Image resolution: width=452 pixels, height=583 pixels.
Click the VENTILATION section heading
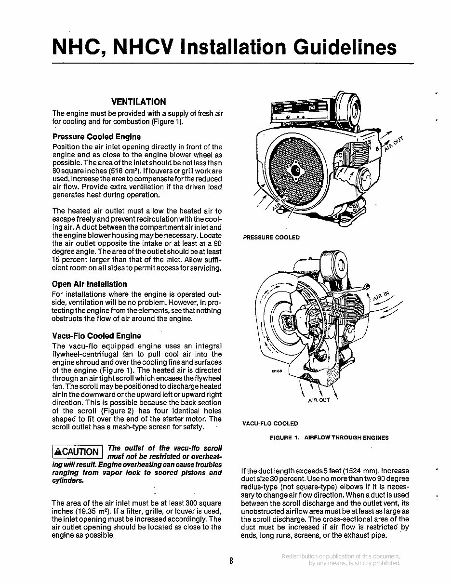point(138,102)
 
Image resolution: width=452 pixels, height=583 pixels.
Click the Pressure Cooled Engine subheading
point(96,136)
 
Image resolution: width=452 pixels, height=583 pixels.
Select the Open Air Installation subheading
point(90,284)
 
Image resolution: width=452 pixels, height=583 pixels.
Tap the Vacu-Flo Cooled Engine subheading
point(96,335)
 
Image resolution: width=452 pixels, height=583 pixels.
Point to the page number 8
point(231,560)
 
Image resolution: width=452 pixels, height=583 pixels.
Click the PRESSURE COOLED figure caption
point(271,237)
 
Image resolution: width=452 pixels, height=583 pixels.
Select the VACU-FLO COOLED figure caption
point(270,424)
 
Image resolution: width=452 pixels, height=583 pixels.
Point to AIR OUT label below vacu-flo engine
point(319,400)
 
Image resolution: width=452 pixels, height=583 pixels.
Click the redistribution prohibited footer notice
point(341,559)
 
